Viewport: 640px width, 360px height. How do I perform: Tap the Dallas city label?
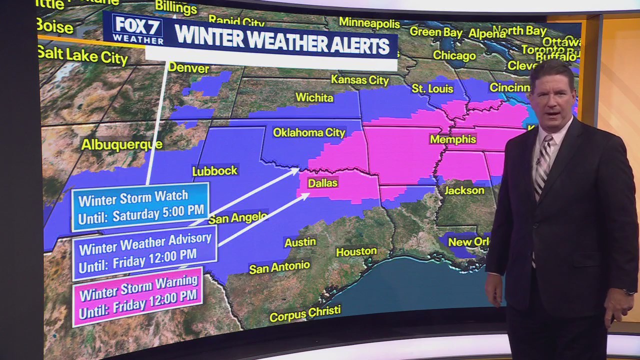pyautogui.click(x=322, y=183)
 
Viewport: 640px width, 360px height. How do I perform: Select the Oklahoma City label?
pyautogui.click(x=309, y=132)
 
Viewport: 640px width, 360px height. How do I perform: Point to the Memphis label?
pyautogui.click(x=453, y=139)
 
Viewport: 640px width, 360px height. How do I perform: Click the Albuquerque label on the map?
pyautogui.click(x=121, y=145)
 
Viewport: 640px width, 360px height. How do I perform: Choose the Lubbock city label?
pyautogui.click(x=214, y=171)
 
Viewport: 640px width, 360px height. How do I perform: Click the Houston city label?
pyautogui.click(x=356, y=251)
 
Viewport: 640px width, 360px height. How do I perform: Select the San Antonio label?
pyautogui.click(x=279, y=267)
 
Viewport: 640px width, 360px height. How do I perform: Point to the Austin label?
pyautogui.click(x=300, y=242)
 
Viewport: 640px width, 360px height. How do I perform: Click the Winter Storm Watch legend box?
pyautogui.click(x=140, y=206)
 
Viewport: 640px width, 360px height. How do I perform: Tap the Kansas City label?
pyautogui.click(x=359, y=79)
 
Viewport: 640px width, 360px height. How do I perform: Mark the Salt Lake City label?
pyautogui.click(x=82, y=54)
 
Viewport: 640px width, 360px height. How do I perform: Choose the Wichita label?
pyautogui.click(x=314, y=97)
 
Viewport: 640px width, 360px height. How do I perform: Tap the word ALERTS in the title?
pyautogui.click(x=355, y=45)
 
